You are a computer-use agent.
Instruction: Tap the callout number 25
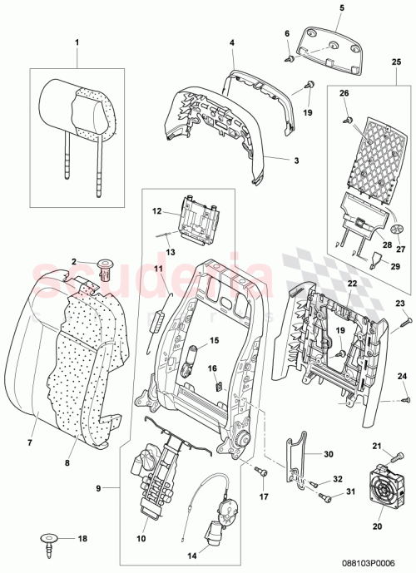395,63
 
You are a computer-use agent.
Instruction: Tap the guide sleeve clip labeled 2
106,267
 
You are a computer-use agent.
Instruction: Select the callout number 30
327,454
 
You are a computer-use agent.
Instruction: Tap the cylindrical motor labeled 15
190,355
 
